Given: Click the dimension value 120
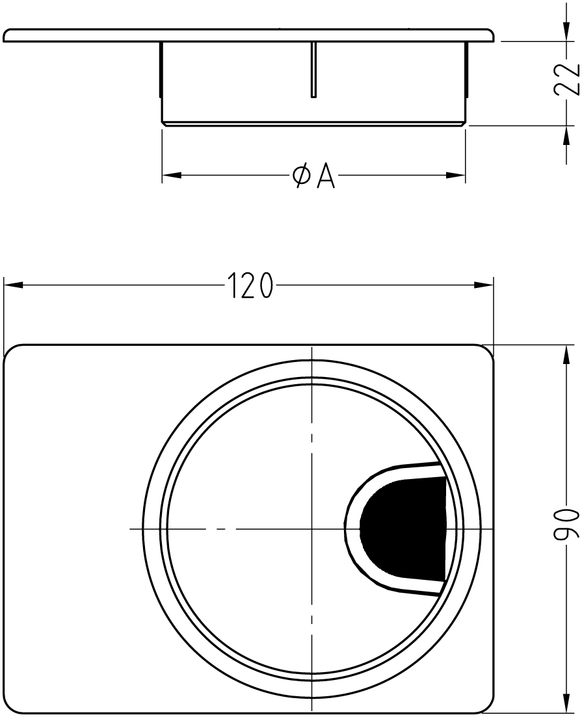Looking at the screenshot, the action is (x=250, y=285).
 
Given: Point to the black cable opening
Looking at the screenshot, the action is (x=403, y=530).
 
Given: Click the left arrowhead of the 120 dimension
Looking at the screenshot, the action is (x=13, y=285).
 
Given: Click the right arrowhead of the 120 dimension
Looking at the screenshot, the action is (x=484, y=285).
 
